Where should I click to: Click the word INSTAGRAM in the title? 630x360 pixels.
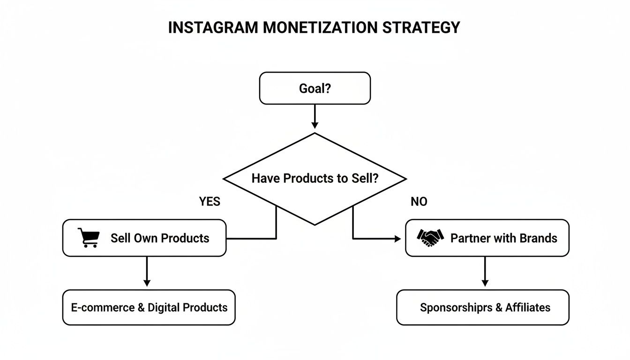[x=213, y=28]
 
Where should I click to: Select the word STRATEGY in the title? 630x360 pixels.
[x=421, y=28]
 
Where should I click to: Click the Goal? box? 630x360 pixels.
[x=315, y=88]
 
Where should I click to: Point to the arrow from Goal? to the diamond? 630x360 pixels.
[x=315, y=116]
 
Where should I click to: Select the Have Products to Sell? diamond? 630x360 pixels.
[x=315, y=179]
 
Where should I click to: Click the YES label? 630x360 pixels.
[x=210, y=202]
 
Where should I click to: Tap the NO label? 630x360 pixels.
[x=419, y=202]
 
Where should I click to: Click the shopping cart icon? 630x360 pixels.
[x=88, y=238]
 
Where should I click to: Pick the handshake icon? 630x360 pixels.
[x=430, y=238]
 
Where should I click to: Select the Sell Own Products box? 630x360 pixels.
[x=144, y=238]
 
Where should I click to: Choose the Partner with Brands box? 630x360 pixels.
[x=487, y=238]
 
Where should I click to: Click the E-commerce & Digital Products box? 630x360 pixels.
[x=149, y=307]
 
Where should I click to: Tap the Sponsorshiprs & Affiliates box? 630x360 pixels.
[x=482, y=307]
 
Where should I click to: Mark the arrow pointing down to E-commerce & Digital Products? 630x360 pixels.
[x=147, y=272]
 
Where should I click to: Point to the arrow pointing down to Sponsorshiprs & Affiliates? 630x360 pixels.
[x=485, y=272]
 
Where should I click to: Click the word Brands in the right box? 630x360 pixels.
[x=539, y=238]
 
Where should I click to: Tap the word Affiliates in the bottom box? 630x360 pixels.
[x=528, y=307]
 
